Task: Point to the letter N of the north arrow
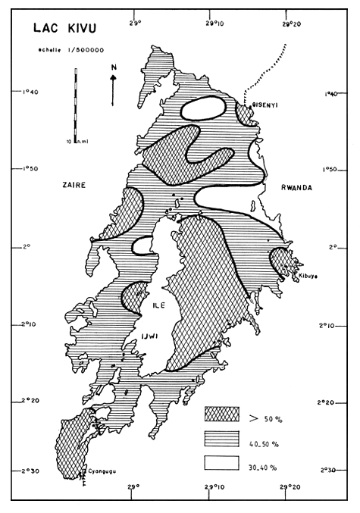pos(113,69)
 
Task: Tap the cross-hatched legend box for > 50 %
pos(221,414)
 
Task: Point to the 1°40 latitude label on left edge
pos(32,92)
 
